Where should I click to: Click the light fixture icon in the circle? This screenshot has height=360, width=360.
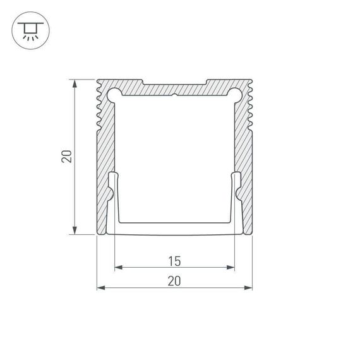[29, 30]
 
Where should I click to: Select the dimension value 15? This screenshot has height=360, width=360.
[175, 260]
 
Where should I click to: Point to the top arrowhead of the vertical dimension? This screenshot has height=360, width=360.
[76, 83]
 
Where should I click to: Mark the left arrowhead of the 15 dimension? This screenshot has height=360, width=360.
[117, 268]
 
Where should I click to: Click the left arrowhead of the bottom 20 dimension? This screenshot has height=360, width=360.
[100, 289]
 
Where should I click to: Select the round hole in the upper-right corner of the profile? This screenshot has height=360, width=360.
[235, 95]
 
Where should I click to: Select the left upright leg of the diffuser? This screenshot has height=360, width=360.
[113, 196]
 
